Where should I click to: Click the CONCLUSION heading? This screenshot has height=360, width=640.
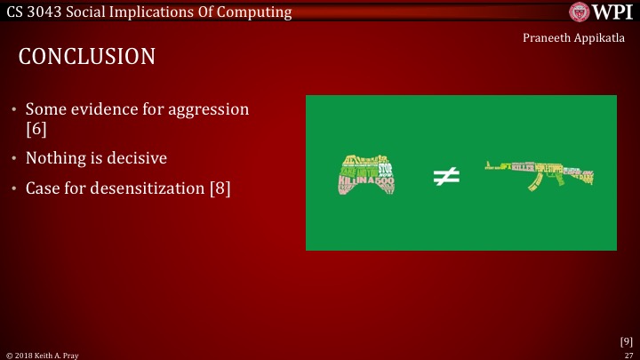pos(87,57)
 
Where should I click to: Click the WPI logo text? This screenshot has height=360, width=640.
pos(613,12)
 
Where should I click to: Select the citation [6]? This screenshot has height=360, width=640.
pos(36,129)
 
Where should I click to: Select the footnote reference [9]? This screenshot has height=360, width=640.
pos(626,340)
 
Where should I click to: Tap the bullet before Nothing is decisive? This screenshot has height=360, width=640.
pos(13,159)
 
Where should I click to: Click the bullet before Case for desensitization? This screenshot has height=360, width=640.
pos(13,189)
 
